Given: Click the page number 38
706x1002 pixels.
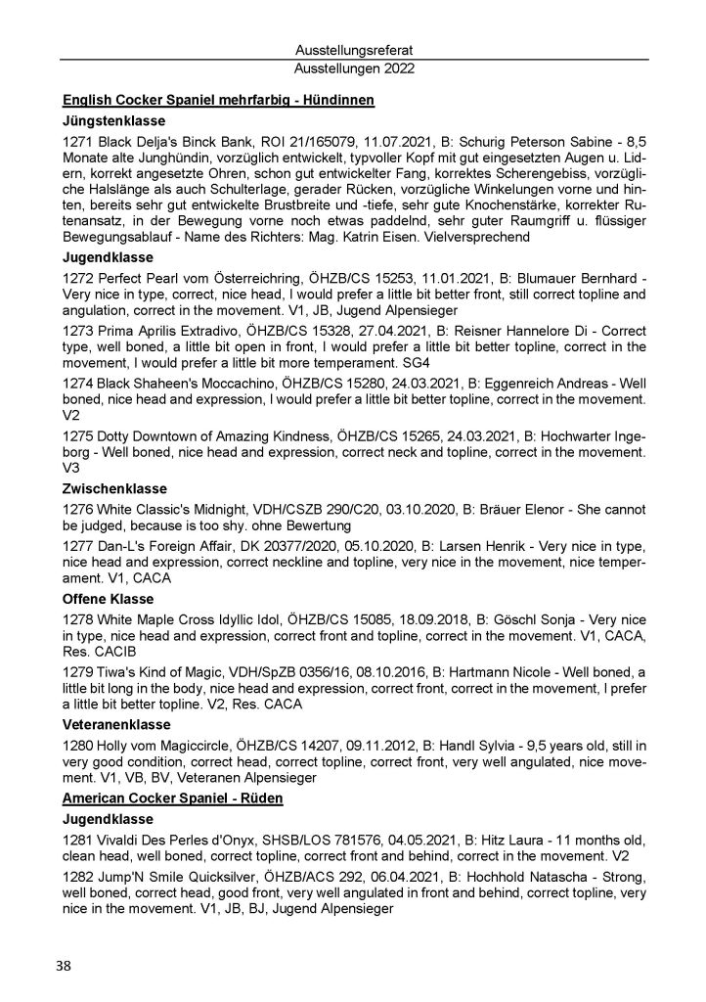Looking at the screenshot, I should click(x=64, y=966).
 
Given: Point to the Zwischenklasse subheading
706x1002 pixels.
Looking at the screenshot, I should click(x=114, y=488).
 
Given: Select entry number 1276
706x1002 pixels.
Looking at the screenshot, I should click(x=77, y=509).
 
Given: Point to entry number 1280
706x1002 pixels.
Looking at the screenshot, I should click(x=77, y=746).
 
